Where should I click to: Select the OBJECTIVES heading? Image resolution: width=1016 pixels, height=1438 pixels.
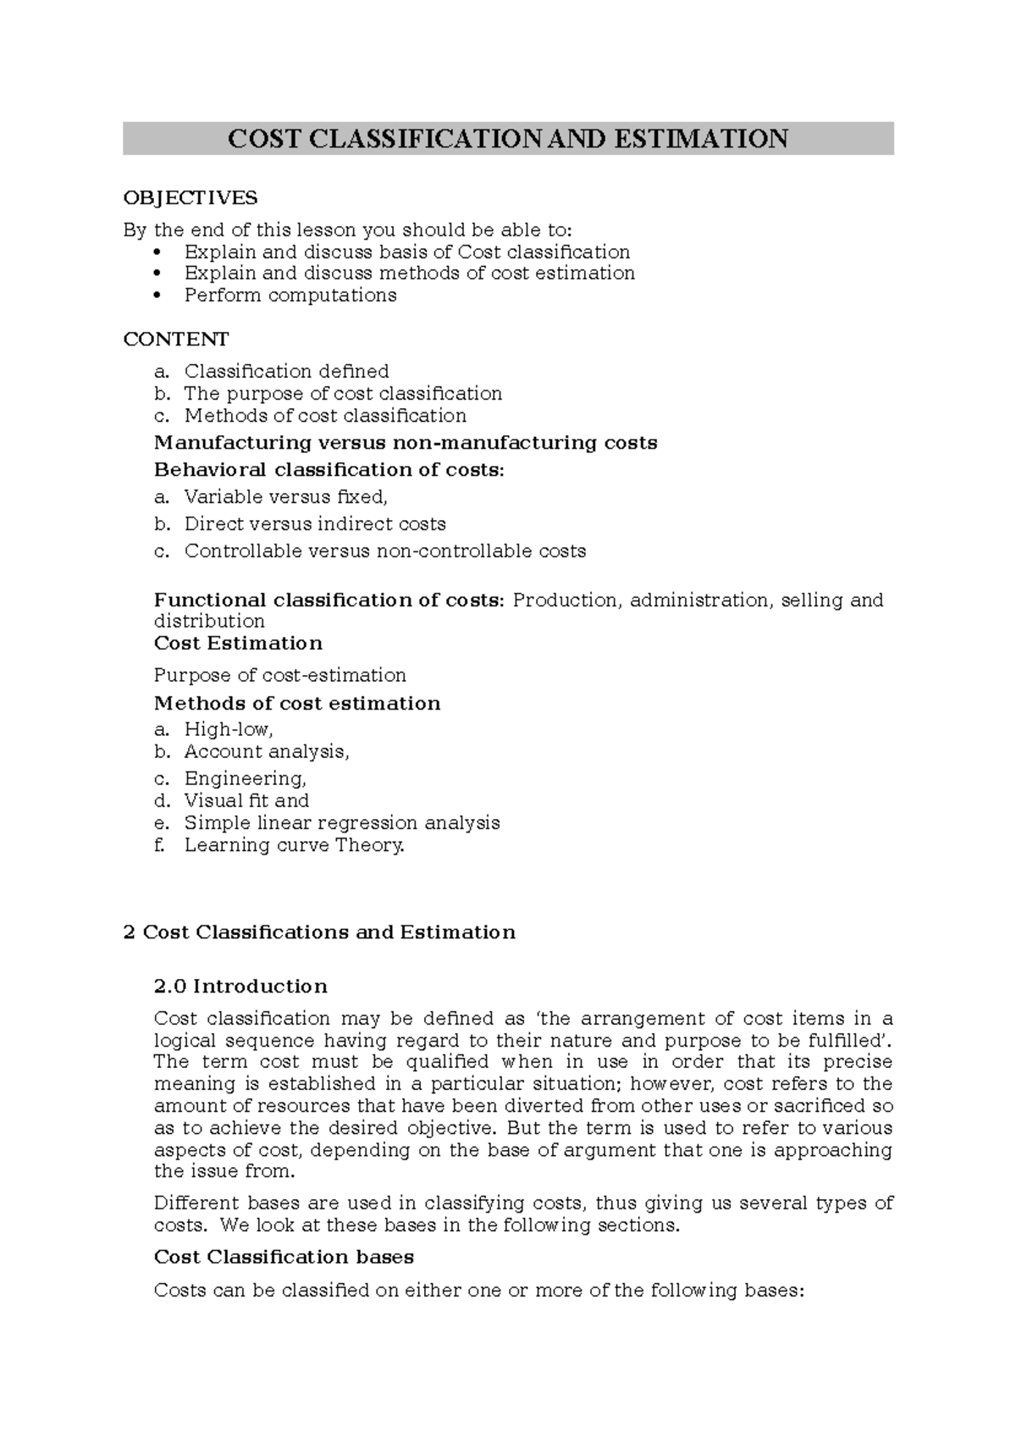pos(190,198)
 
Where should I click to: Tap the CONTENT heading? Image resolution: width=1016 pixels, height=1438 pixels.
pos(176,340)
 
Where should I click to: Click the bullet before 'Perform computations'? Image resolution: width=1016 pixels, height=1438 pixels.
pos(158,296)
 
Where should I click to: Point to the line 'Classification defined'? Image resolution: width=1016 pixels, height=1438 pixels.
pos(286,372)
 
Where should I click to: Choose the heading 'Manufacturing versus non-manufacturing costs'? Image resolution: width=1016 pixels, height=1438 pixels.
pos(406,443)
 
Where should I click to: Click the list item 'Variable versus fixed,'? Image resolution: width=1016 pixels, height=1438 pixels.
pos(285,497)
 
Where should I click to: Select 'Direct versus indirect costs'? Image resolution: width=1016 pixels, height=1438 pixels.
pos(315,524)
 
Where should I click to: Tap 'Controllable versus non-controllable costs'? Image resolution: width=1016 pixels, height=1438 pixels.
pos(385,551)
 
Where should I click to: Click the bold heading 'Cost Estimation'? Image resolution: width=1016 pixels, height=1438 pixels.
pos(238,644)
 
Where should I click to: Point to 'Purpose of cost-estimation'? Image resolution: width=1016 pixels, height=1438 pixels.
pos(280,676)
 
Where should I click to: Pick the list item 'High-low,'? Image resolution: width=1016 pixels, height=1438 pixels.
pos(229,730)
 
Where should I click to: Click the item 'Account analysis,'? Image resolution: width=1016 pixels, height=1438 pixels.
pos(267,752)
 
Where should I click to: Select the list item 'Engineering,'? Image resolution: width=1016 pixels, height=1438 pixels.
pos(246,779)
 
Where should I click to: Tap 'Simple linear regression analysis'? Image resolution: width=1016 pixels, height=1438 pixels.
pos(342,823)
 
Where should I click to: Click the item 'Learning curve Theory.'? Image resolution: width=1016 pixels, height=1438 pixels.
pos(295,845)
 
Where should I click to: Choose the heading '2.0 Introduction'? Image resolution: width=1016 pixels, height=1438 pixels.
pos(240,987)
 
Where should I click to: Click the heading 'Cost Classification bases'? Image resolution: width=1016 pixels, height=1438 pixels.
pos(284,1258)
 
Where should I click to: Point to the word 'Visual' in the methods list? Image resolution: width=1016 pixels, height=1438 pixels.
pos(213,801)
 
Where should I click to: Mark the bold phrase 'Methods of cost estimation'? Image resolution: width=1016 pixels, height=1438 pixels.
pos(297,704)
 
